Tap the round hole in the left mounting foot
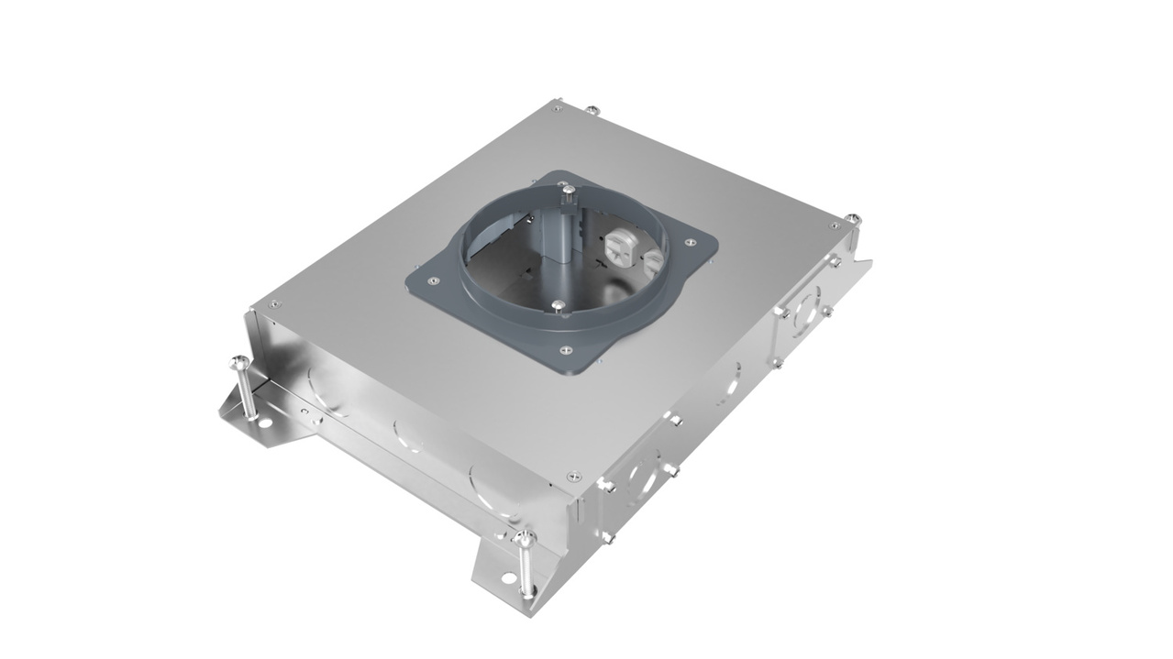point(262,427)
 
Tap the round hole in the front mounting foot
point(508,579)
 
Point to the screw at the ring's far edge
point(570,189)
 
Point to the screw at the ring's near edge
point(558,304)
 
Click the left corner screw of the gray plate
point(434,280)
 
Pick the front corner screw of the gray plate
point(565,349)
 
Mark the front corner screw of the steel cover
point(574,476)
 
